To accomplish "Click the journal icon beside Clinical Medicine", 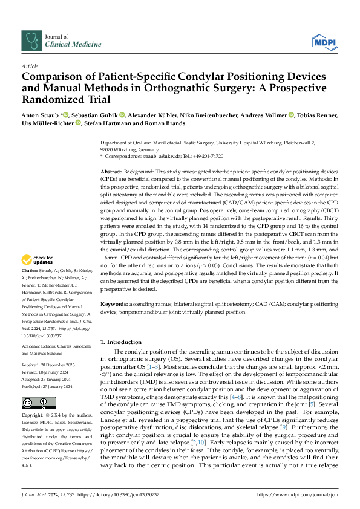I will pos(31,41).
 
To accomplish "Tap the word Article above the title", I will pos(30,65).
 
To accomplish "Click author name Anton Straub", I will pos(39,115).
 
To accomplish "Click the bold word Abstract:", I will pos(113,172).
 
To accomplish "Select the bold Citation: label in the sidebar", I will pos(31,288).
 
